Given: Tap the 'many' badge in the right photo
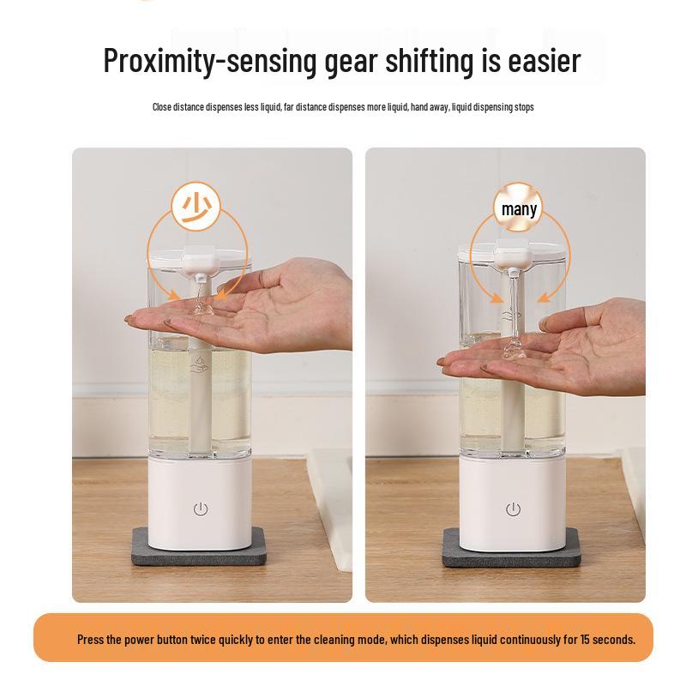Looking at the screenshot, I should pyautogui.click(x=519, y=208).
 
